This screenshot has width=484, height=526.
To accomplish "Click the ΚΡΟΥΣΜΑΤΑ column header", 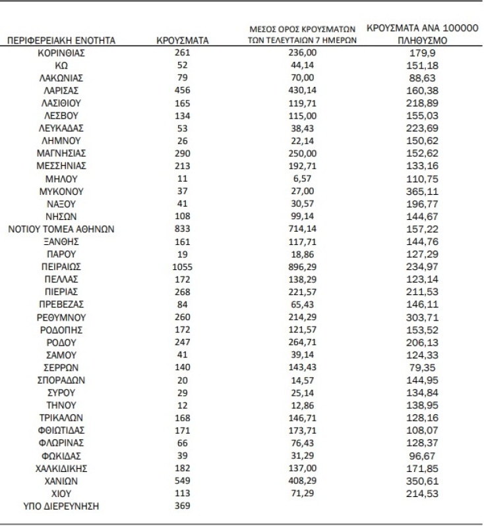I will (x=183, y=41).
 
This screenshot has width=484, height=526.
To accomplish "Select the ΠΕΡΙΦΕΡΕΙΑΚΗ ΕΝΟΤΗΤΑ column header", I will (x=61, y=41).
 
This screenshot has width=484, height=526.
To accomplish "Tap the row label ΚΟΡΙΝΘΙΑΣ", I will (x=62, y=53).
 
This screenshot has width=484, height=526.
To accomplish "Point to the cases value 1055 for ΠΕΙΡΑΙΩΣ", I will (x=183, y=267).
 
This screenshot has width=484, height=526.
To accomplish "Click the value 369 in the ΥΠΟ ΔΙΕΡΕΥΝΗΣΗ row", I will (x=183, y=506).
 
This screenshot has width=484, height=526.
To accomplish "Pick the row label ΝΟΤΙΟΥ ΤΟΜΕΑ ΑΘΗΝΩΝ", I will (x=62, y=229).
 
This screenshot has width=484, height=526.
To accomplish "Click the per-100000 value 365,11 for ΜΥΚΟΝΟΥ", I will (x=423, y=192).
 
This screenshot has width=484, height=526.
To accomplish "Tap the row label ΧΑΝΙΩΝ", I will (x=62, y=481).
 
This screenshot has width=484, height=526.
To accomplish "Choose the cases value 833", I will (x=183, y=229).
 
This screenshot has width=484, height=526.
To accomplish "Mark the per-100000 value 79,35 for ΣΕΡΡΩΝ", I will (x=423, y=367).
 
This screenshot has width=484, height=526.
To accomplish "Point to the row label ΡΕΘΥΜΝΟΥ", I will (x=62, y=317).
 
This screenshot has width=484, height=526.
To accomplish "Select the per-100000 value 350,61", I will (x=423, y=481).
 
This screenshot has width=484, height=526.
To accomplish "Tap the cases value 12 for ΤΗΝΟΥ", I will (x=183, y=405).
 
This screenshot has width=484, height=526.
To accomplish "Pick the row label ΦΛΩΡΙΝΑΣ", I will (x=62, y=443).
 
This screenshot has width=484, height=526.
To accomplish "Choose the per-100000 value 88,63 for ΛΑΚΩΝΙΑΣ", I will (x=423, y=78).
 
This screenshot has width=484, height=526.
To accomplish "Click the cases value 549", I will (x=183, y=481).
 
